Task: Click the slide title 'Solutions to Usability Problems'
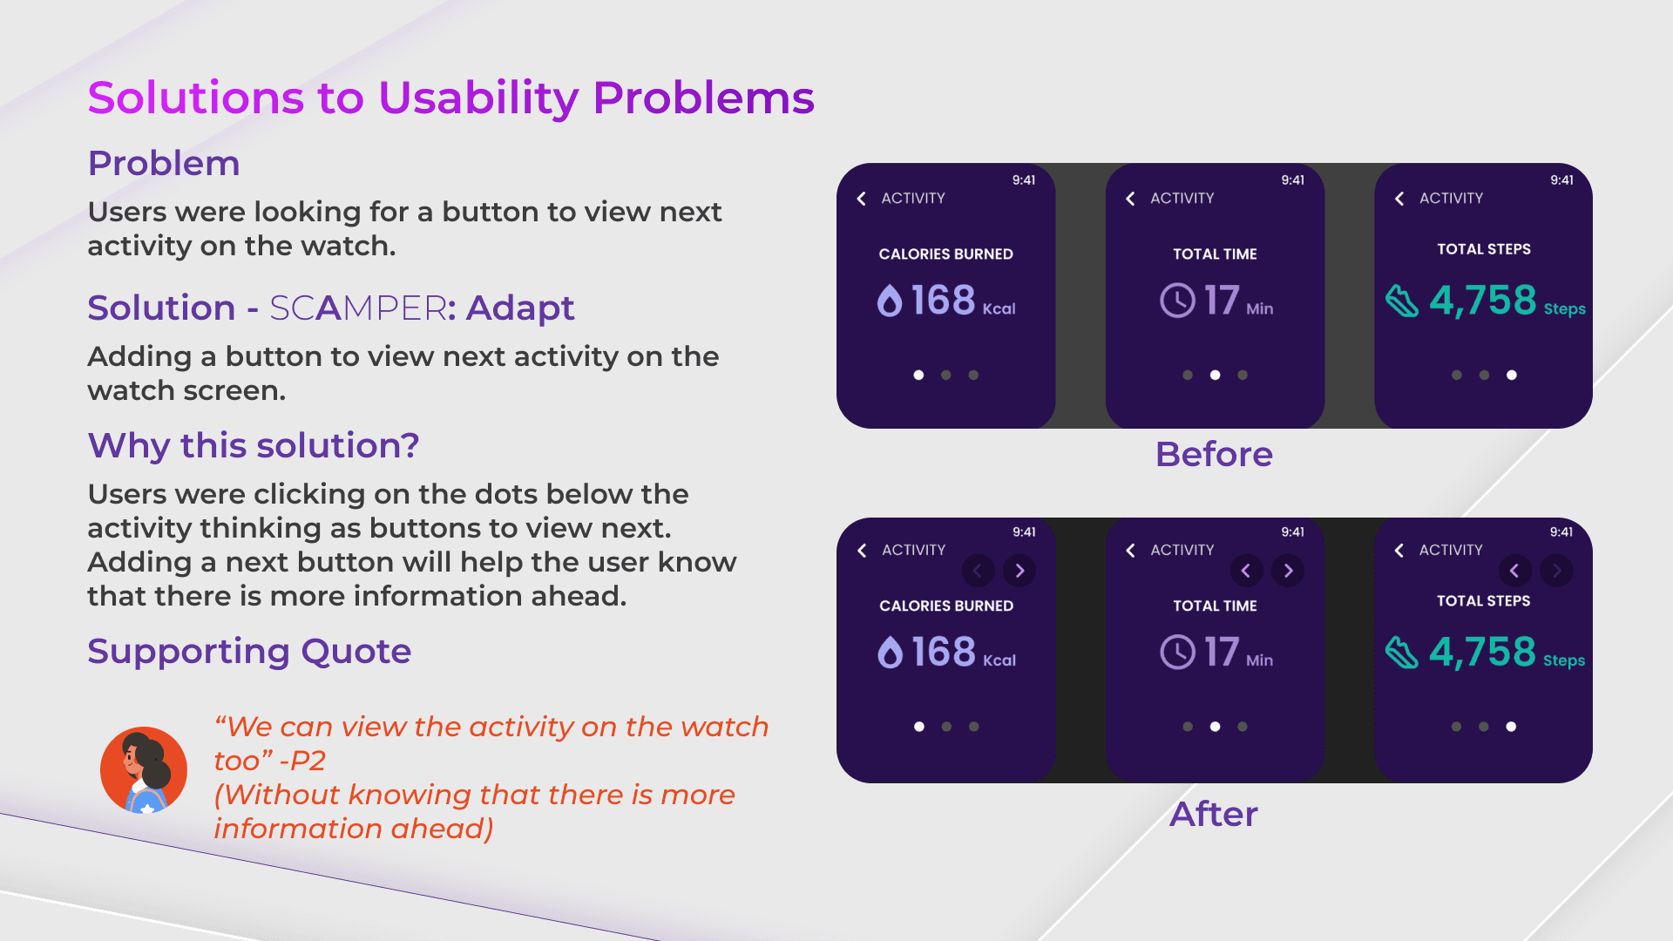tap(450, 98)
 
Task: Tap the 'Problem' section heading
tap(164, 163)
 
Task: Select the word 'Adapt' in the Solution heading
tap(520, 308)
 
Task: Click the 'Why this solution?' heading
tap(254, 445)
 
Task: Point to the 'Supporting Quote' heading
tap(249, 652)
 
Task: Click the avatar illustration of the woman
tap(144, 770)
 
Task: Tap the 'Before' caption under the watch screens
tap(1214, 454)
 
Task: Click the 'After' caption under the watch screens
tap(1214, 814)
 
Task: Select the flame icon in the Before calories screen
tap(889, 301)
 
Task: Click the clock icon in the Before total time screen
tap(1177, 301)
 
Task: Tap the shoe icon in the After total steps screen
tap(1402, 653)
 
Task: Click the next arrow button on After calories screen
tap(1019, 571)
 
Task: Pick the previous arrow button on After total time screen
tap(1246, 571)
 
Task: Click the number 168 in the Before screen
tap(943, 301)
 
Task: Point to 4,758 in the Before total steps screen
tap(1482, 301)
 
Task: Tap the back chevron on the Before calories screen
tap(861, 199)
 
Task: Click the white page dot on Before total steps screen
tap(1512, 376)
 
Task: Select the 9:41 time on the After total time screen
tap(1293, 532)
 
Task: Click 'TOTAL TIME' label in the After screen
tap(1215, 606)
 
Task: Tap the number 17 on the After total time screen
tap(1222, 653)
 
